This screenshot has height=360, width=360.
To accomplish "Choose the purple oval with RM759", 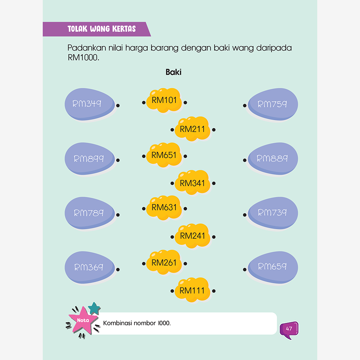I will point(273,104).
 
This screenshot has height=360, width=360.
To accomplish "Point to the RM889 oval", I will point(273,159).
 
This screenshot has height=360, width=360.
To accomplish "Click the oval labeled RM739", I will point(273,213).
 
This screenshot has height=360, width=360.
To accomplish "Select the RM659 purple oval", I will point(273,267).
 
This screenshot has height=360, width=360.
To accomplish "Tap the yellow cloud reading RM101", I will point(164,100).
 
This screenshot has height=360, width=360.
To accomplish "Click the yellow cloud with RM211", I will point(192,129).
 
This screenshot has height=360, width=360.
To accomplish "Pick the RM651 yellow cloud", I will point(164,155).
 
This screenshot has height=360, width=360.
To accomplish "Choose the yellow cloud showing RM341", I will point(192,183).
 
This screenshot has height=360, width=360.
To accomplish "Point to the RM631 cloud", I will point(164,208).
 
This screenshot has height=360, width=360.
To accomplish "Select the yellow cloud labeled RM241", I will point(192,236).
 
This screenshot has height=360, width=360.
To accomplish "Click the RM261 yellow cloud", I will point(164,262).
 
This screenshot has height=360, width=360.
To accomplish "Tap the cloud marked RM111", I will point(192,291).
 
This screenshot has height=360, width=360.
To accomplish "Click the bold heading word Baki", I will point(174,72).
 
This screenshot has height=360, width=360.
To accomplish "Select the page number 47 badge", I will point(289,329).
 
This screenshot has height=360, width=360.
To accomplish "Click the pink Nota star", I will point(82,320).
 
